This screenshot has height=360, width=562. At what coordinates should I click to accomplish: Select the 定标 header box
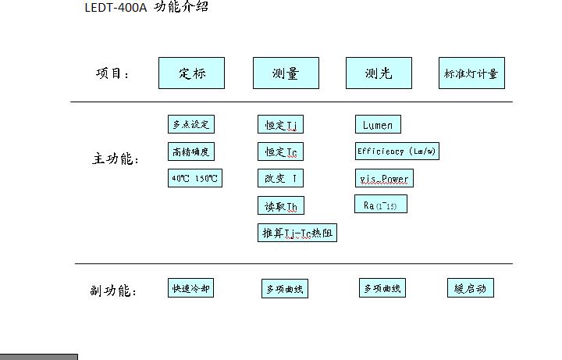191,73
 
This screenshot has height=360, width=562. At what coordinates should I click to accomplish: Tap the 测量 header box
286,73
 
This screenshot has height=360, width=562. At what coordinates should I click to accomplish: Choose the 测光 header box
379,73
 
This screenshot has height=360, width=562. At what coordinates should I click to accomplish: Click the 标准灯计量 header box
471,73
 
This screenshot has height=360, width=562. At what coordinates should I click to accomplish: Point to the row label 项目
112,74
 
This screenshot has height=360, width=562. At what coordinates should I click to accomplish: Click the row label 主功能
116,159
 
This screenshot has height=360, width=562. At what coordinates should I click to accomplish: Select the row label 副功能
113,291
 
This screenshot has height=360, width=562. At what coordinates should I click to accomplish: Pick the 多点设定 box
190,124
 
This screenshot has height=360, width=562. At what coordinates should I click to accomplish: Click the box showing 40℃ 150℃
195,178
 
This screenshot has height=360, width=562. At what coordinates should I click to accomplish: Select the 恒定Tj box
281,125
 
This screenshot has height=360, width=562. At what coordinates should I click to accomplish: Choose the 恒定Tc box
281,151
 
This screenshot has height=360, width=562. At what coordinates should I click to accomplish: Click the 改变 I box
281,179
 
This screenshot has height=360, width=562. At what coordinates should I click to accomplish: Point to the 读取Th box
281,206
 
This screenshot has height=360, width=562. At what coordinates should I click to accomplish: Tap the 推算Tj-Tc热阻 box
297,233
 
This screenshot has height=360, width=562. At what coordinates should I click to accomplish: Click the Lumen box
378,125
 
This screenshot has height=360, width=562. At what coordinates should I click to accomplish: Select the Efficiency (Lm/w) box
397,151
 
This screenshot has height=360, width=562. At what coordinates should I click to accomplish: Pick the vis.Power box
383,179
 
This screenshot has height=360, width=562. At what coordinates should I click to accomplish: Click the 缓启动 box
471,288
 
